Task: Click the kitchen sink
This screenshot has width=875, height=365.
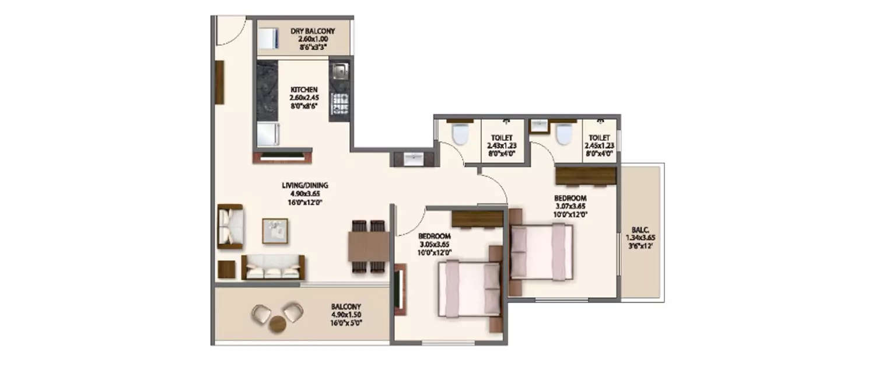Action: [x=339, y=72]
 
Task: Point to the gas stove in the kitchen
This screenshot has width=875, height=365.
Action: [x=339, y=104]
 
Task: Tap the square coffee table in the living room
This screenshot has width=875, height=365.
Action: [x=275, y=230]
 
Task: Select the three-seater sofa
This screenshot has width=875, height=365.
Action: [x=273, y=268]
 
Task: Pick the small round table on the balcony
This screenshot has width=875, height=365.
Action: [x=278, y=324]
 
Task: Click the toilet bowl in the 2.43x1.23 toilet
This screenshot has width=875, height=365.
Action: [x=460, y=134]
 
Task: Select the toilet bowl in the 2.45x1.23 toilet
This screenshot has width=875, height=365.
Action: [x=563, y=134]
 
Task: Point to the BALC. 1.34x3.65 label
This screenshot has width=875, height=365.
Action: [x=640, y=238]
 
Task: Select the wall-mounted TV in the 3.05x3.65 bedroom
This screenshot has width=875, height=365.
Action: [x=400, y=290]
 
